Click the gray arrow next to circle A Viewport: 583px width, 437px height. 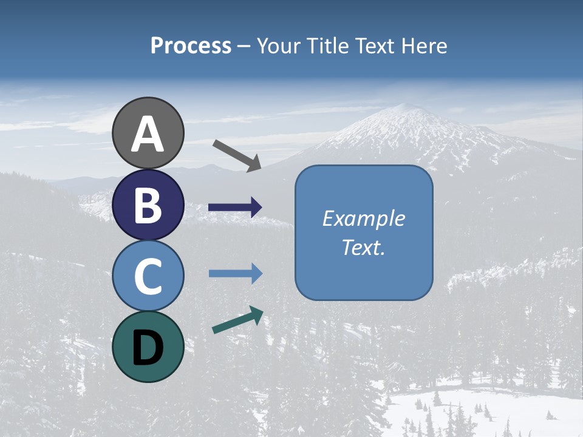[237, 155]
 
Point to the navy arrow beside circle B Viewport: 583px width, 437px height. [235, 208]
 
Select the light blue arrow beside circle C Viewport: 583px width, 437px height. [235, 274]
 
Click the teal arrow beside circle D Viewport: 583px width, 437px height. [237, 320]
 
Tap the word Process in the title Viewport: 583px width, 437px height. [191, 46]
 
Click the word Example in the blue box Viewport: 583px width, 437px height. [363, 218]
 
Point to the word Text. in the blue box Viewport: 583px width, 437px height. [363, 248]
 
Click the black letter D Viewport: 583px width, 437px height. [148, 348]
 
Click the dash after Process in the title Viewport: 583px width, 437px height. [244, 47]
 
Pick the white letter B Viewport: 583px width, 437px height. [148, 205]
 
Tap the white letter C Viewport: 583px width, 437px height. [148, 276]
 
